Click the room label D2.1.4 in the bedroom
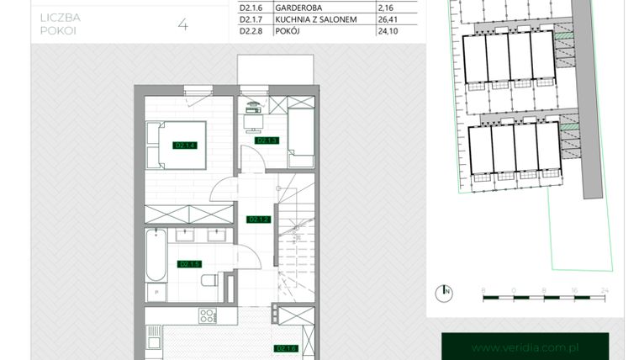[185, 146]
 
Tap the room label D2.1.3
[267, 140]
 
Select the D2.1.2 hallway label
[258, 220]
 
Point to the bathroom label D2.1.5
[189, 264]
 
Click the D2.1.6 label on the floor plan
[286, 347]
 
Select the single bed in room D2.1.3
[301, 133]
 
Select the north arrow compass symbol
[444, 293]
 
